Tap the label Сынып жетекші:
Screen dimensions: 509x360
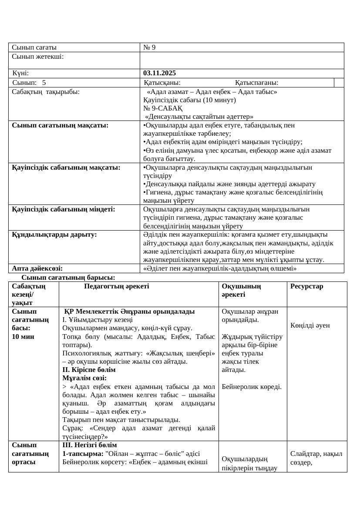38,56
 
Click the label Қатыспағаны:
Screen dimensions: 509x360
257,83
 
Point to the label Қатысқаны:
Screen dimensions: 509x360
162,83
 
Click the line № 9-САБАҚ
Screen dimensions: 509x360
163,108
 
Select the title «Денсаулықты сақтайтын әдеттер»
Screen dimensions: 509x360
199,117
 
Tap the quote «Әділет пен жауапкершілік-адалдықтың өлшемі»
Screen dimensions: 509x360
220,268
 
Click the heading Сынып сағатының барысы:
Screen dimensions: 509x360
68,277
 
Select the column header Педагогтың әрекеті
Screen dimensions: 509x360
116,286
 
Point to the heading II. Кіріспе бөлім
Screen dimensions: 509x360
89,369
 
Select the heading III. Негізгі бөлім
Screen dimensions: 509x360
90,445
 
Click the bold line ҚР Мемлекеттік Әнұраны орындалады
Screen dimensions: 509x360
129,311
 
